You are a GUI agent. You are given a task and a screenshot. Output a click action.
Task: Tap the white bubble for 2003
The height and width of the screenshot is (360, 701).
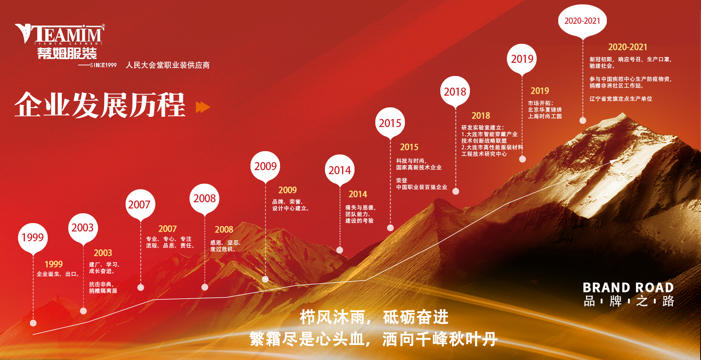(83, 228)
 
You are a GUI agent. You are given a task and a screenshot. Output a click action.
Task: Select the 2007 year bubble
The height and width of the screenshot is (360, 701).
(140, 204)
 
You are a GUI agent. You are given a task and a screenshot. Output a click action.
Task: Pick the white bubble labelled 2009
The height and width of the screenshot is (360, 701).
(265, 166)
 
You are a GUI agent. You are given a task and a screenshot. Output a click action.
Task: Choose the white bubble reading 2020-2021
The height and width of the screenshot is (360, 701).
(582, 20)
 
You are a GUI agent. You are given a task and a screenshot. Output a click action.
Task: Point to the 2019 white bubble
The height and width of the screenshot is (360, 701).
(522, 59)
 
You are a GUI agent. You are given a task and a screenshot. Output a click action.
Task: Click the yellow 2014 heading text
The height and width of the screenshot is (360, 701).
(358, 194)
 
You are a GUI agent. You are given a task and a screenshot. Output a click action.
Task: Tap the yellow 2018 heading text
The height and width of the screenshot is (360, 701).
(481, 116)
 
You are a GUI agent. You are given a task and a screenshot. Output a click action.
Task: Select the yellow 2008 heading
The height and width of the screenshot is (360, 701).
(224, 230)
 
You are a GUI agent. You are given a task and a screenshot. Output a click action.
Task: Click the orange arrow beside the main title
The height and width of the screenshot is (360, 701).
(203, 107)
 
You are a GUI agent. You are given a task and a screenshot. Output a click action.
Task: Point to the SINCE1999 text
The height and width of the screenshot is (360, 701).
(103, 65)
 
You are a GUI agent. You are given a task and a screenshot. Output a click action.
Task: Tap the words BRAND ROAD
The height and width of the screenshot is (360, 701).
(628, 288)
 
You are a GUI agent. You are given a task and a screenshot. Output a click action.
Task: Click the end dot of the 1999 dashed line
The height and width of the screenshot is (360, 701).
(33, 323)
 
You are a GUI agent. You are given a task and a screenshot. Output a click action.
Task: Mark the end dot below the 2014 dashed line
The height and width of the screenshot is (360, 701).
(340, 250)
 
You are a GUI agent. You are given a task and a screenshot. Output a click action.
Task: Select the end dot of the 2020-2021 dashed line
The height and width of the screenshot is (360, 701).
(583, 120)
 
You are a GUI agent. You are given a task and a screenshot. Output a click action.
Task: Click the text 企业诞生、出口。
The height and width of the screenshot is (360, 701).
(58, 274)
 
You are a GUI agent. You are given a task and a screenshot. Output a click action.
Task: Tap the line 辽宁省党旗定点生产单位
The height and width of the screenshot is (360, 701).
(621, 99)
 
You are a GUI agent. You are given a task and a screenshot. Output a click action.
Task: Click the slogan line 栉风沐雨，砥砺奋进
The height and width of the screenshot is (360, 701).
(374, 317)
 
